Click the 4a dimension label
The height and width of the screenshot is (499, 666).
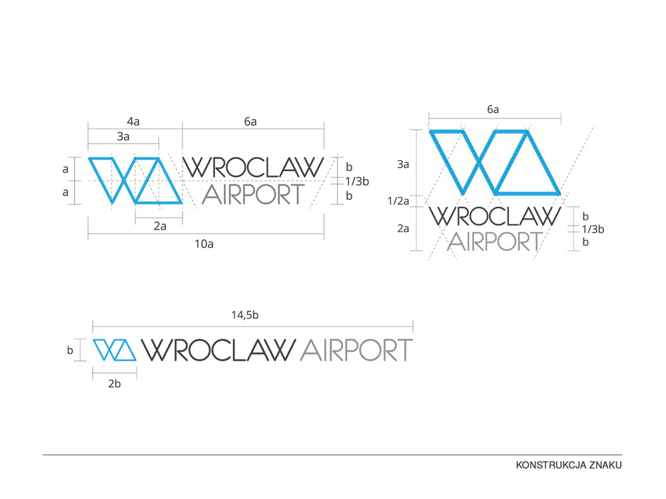134,121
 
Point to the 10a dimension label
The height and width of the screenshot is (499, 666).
204,244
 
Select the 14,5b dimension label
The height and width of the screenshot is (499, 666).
245,315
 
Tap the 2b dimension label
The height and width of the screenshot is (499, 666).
114,383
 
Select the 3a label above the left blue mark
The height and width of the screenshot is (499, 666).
123,136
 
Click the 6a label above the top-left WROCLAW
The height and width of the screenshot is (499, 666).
250,121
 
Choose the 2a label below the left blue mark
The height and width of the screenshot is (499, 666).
160,226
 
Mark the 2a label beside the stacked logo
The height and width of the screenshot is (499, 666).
403,228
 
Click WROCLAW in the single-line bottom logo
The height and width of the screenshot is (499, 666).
219,350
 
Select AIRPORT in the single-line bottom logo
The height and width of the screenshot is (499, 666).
357,350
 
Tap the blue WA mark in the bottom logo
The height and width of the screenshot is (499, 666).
114,350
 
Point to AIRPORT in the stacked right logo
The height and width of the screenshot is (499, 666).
494,241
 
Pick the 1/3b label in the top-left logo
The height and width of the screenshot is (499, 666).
357,181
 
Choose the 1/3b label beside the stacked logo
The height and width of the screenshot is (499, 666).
593,230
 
